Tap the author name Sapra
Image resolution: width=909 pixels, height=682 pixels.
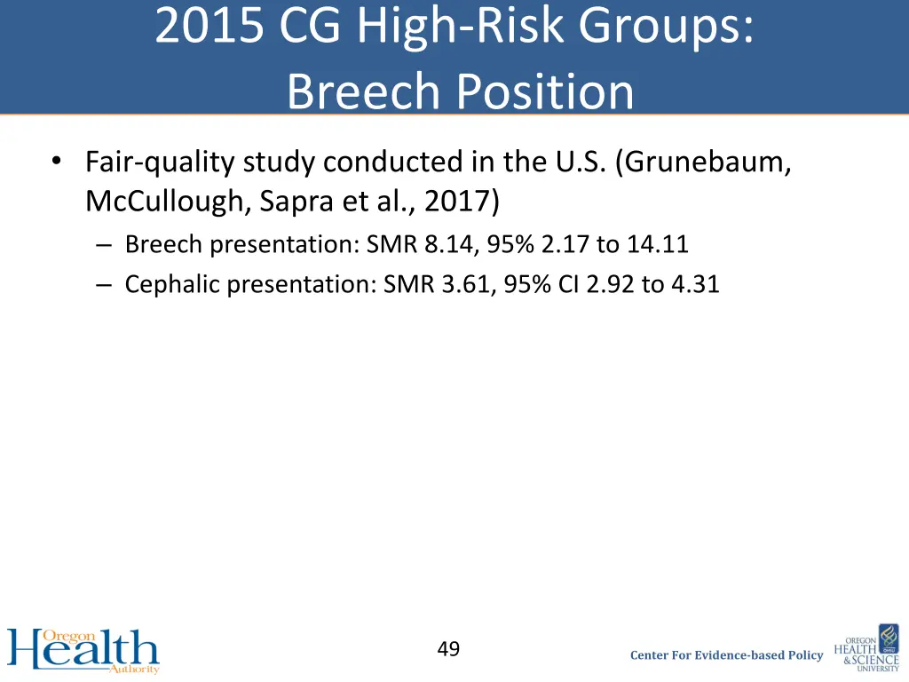point(289,202)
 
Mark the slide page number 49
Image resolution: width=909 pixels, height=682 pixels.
point(448,649)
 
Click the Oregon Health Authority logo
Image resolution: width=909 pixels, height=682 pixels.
point(83,651)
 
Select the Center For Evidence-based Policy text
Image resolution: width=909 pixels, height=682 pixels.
point(726,655)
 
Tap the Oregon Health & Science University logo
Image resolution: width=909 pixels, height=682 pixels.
point(871,648)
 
